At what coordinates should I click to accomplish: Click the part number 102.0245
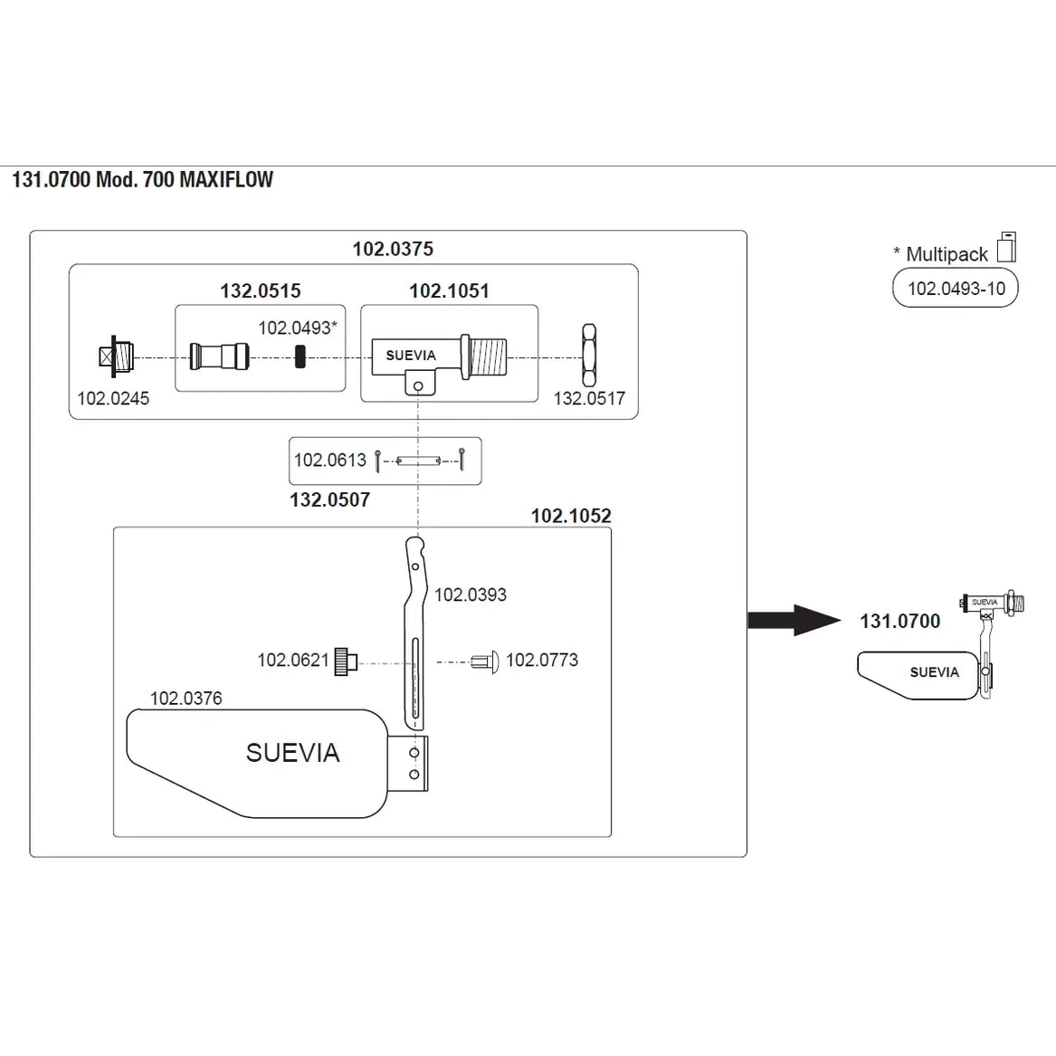tap(113, 398)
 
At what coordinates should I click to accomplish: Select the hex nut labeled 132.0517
tap(588, 357)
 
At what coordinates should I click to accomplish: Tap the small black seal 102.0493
tap(300, 357)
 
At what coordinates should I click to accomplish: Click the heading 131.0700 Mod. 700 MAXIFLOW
tap(142, 179)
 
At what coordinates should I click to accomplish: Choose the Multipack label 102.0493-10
tap(956, 289)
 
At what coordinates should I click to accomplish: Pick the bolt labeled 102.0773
tap(485, 662)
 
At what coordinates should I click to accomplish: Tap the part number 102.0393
tap(471, 595)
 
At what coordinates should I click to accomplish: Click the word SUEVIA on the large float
tap(292, 753)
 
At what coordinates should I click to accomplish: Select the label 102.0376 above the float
tap(186, 699)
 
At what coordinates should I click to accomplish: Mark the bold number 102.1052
tap(571, 516)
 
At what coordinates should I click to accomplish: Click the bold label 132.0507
tap(329, 499)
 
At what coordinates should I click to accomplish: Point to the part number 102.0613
tap(329, 460)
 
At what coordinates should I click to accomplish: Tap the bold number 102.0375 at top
tap(393, 249)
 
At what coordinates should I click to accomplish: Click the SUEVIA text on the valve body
tap(411, 356)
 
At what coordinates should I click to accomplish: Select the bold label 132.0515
tap(261, 291)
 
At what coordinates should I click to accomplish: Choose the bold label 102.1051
tap(449, 291)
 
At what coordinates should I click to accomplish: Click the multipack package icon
tap(1006, 247)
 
